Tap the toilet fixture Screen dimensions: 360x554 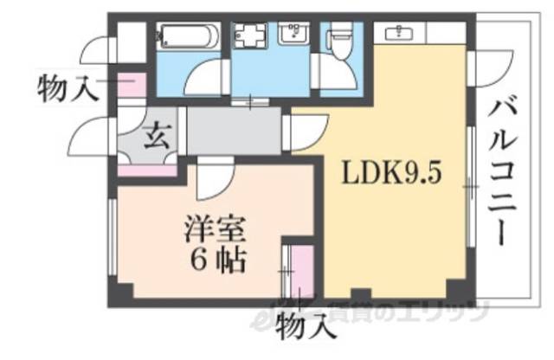click(341, 40)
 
